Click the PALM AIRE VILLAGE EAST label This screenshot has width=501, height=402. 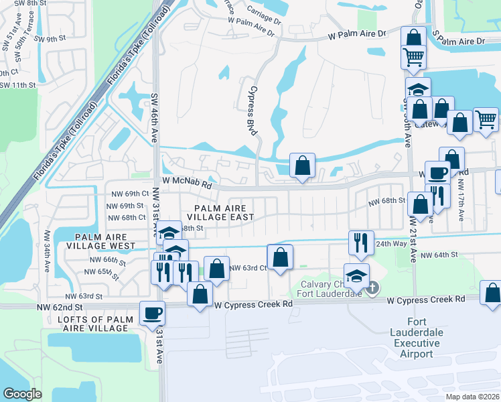(x=220, y=212)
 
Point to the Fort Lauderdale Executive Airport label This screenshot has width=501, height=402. (x=416, y=344)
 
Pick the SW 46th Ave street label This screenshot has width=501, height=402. (x=153, y=117)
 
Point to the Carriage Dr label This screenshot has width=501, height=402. (x=263, y=12)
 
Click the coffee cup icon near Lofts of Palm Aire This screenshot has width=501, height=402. (x=151, y=312)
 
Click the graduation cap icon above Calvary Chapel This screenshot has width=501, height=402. (x=356, y=275)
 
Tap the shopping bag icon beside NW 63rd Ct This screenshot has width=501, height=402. (x=279, y=256)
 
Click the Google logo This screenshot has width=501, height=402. (x=23, y=394)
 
